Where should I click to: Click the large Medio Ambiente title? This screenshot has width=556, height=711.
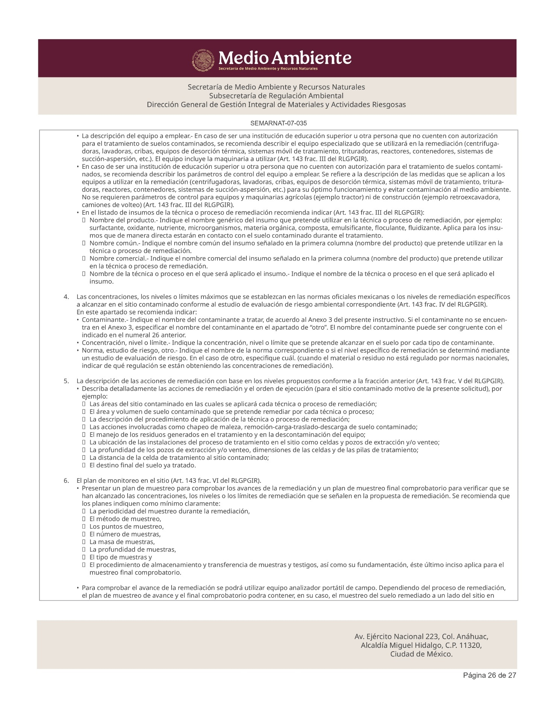(285, 58)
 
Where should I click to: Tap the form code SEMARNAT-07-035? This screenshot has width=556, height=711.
(278, 123)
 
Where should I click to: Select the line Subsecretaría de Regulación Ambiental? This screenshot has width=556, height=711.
(276, 96)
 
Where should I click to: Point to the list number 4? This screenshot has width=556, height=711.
(66, 297)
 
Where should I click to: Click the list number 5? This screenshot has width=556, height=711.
(66, 381)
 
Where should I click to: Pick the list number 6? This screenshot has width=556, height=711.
(66, 481)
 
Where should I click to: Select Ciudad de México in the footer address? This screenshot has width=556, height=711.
(421, 654)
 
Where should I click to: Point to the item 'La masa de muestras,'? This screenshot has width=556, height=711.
(122, 542)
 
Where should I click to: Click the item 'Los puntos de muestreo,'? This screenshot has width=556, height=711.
(126, 526)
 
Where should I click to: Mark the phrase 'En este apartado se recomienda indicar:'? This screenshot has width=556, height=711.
(137, 312)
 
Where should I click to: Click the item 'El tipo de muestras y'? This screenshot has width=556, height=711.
(120, 557)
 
